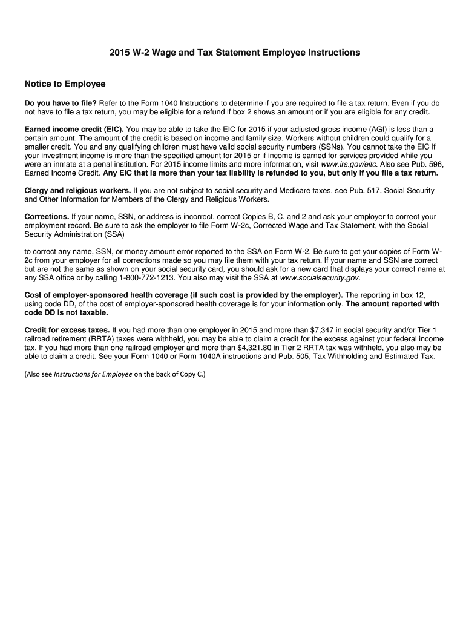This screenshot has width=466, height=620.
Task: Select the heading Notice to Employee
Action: [x=65, y=84]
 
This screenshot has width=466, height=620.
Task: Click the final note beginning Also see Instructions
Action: [x=115, y=374]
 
